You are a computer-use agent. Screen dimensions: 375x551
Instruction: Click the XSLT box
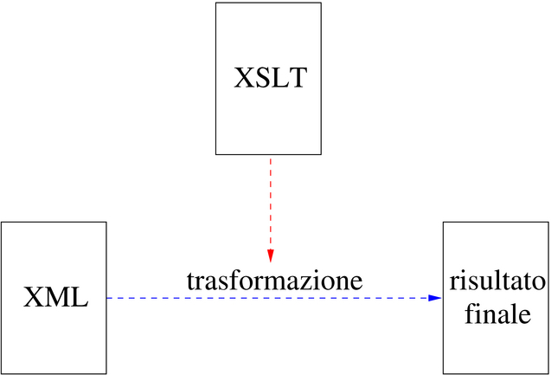click(268, 79)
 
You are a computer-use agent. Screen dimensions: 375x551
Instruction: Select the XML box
click(54, 298)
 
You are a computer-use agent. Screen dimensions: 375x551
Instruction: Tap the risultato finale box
click(497, 298)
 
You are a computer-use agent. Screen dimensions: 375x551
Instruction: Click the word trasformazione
click(274, 281)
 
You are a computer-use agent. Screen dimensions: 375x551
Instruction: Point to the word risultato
click(497, 283)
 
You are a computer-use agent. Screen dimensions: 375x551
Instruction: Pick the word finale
click(497, 315)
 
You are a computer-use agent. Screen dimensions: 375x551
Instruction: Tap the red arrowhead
click(270, 255)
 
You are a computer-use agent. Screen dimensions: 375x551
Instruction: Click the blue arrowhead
click(435, 298)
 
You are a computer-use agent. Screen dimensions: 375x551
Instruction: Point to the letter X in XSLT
click(244, 80)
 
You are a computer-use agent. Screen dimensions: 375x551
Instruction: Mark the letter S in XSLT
click(262, 80)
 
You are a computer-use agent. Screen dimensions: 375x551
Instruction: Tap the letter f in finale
click(469, 314)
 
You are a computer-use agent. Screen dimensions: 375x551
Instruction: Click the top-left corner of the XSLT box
click(216, 3)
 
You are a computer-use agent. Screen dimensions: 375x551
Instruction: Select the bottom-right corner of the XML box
click(106, 373)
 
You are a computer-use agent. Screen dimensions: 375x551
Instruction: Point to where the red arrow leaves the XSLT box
click(270, 155)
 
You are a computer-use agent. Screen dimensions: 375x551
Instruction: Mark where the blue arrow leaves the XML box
click(106, 298)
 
